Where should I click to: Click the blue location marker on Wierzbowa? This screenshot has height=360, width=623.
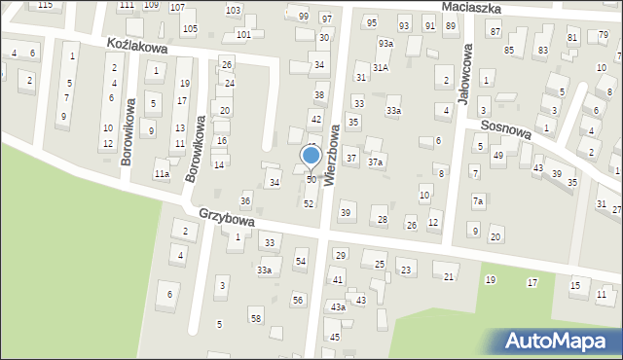pos(311,155)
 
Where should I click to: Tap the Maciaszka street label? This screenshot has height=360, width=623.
pos(470,7)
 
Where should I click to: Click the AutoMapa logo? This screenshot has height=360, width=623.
pos(559,341)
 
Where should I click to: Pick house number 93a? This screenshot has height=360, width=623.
pos(385,44)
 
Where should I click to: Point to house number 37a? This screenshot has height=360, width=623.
pos(375,162)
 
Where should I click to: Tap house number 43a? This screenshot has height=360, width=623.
pos(337,307)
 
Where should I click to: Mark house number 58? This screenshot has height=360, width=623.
pos(255,319)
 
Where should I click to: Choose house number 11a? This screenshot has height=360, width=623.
pos(162,174)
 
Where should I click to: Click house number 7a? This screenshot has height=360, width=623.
pos(477,201)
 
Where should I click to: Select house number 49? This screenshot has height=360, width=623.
pos(497,156)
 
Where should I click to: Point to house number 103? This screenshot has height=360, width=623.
pos(233,10)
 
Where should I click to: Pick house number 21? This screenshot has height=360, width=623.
pos(449,277)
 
